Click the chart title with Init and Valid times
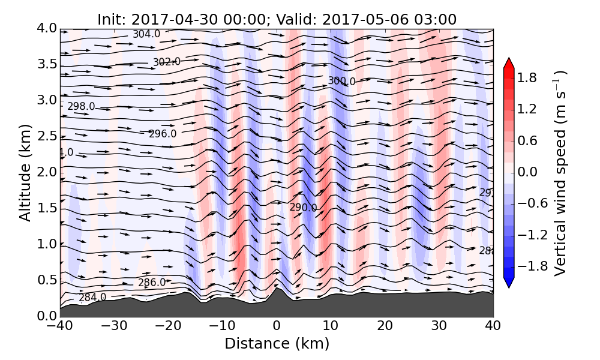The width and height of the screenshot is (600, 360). click(x=277, y=19)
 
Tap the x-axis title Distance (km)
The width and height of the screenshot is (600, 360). click(x=277, y=344)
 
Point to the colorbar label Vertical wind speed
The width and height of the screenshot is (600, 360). click(x=560, y=173)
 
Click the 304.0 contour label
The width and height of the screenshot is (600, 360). click(x=146, y=34)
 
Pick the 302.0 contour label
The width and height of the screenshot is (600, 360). click(x=167, y=62)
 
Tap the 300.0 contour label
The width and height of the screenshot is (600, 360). click(x=341, y=81)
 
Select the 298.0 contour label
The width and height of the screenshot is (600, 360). click(x=81, y=106)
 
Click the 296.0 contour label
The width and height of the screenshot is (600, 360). click(x=163, y=134)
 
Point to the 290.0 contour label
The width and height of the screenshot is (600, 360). click(x=303, y=208)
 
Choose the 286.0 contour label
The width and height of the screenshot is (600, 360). click(x=152, y=283)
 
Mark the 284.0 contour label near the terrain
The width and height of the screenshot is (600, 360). click(x=92, y=298)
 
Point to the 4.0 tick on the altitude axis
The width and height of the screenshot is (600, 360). click(x=47, y=28)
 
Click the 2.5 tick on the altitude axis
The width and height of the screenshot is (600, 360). click(x=47, y=136)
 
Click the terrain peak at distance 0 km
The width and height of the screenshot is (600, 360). click(x=277, y=289)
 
